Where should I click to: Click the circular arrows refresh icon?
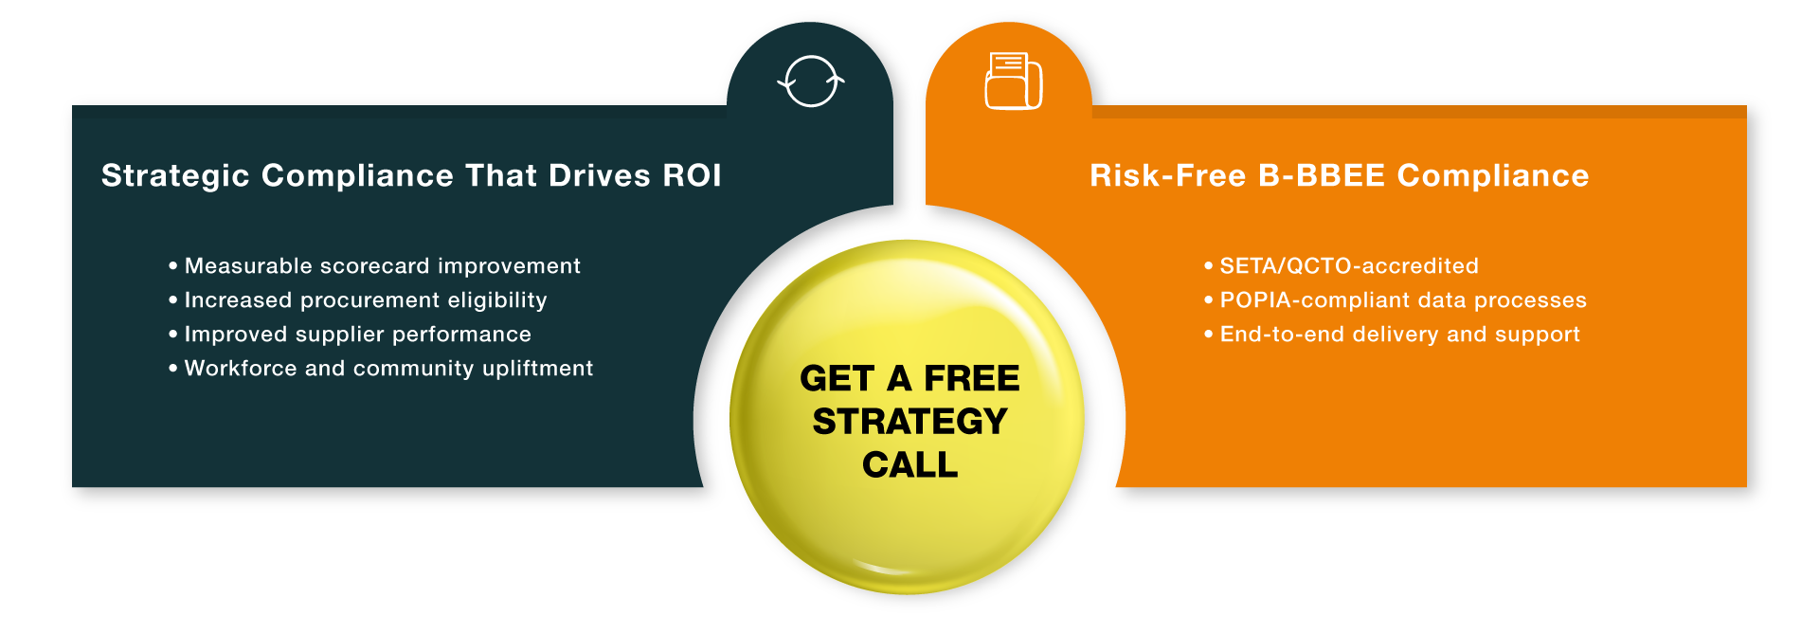click(x=811, y=82)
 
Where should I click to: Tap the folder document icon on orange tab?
click(x=1013, y=82)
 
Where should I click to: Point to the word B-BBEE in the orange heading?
click(x=1322, y=176)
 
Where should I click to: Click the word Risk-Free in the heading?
click(x=1167, y=176)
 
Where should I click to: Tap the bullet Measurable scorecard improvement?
click(x=382, y=266)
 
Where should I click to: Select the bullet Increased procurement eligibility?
click(x=365, y=300)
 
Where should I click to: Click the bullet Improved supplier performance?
click(x=357, y=335)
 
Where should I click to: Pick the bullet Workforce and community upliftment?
click(x=388, y=369)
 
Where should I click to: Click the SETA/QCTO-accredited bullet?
click(x=1348, y=266)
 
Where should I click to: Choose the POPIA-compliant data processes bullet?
click(x=1402, y=300)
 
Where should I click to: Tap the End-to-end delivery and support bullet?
click(x=1399, y=335)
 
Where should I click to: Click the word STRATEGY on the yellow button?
click(x=909, y=422)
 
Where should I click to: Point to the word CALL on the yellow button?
click(x=909, y=465)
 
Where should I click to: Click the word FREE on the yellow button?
click(x=971, y=379)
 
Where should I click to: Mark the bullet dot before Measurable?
click(x=172, y=266)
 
